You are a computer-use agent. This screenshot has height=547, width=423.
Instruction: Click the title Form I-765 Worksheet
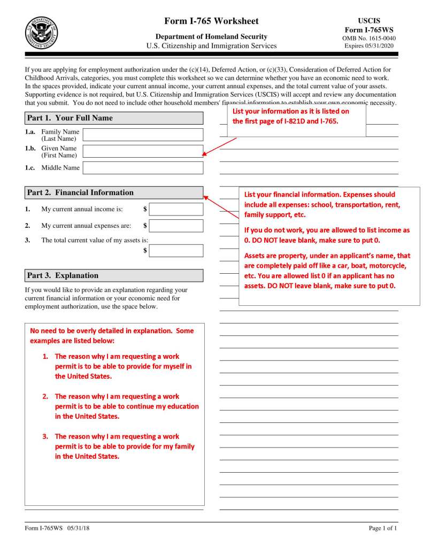click(212, 21)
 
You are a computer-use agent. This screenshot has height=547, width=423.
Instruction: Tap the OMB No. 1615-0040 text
click(369, 38)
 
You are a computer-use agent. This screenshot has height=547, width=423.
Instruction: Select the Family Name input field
click(143, 135)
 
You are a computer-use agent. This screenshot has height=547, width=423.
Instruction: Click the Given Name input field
click(143, 151)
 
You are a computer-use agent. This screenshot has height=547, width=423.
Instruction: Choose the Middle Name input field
click(143, 168)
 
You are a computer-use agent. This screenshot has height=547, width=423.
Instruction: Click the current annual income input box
click(176, 209)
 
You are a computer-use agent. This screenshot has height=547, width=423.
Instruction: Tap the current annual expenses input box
click(176, 226)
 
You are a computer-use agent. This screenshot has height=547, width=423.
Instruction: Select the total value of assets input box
click(176, 251)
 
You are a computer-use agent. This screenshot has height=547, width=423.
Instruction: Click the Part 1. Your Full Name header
click(114, 118)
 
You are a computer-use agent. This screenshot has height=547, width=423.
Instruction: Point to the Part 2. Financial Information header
click(114, 192)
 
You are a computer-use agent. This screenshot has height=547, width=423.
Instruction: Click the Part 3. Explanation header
click(114, 275)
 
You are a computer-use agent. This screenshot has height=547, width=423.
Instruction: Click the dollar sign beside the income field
click(145, 209)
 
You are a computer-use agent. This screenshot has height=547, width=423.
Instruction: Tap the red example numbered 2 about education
click(126, 406)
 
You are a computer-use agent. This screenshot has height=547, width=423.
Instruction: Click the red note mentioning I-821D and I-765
click(291, 116)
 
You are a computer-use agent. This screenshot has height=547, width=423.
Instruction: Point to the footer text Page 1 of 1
click(383, 529)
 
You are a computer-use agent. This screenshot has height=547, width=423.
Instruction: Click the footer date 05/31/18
click(79, 529)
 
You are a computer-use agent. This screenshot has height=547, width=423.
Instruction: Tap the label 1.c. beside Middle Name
click(30, 168)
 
